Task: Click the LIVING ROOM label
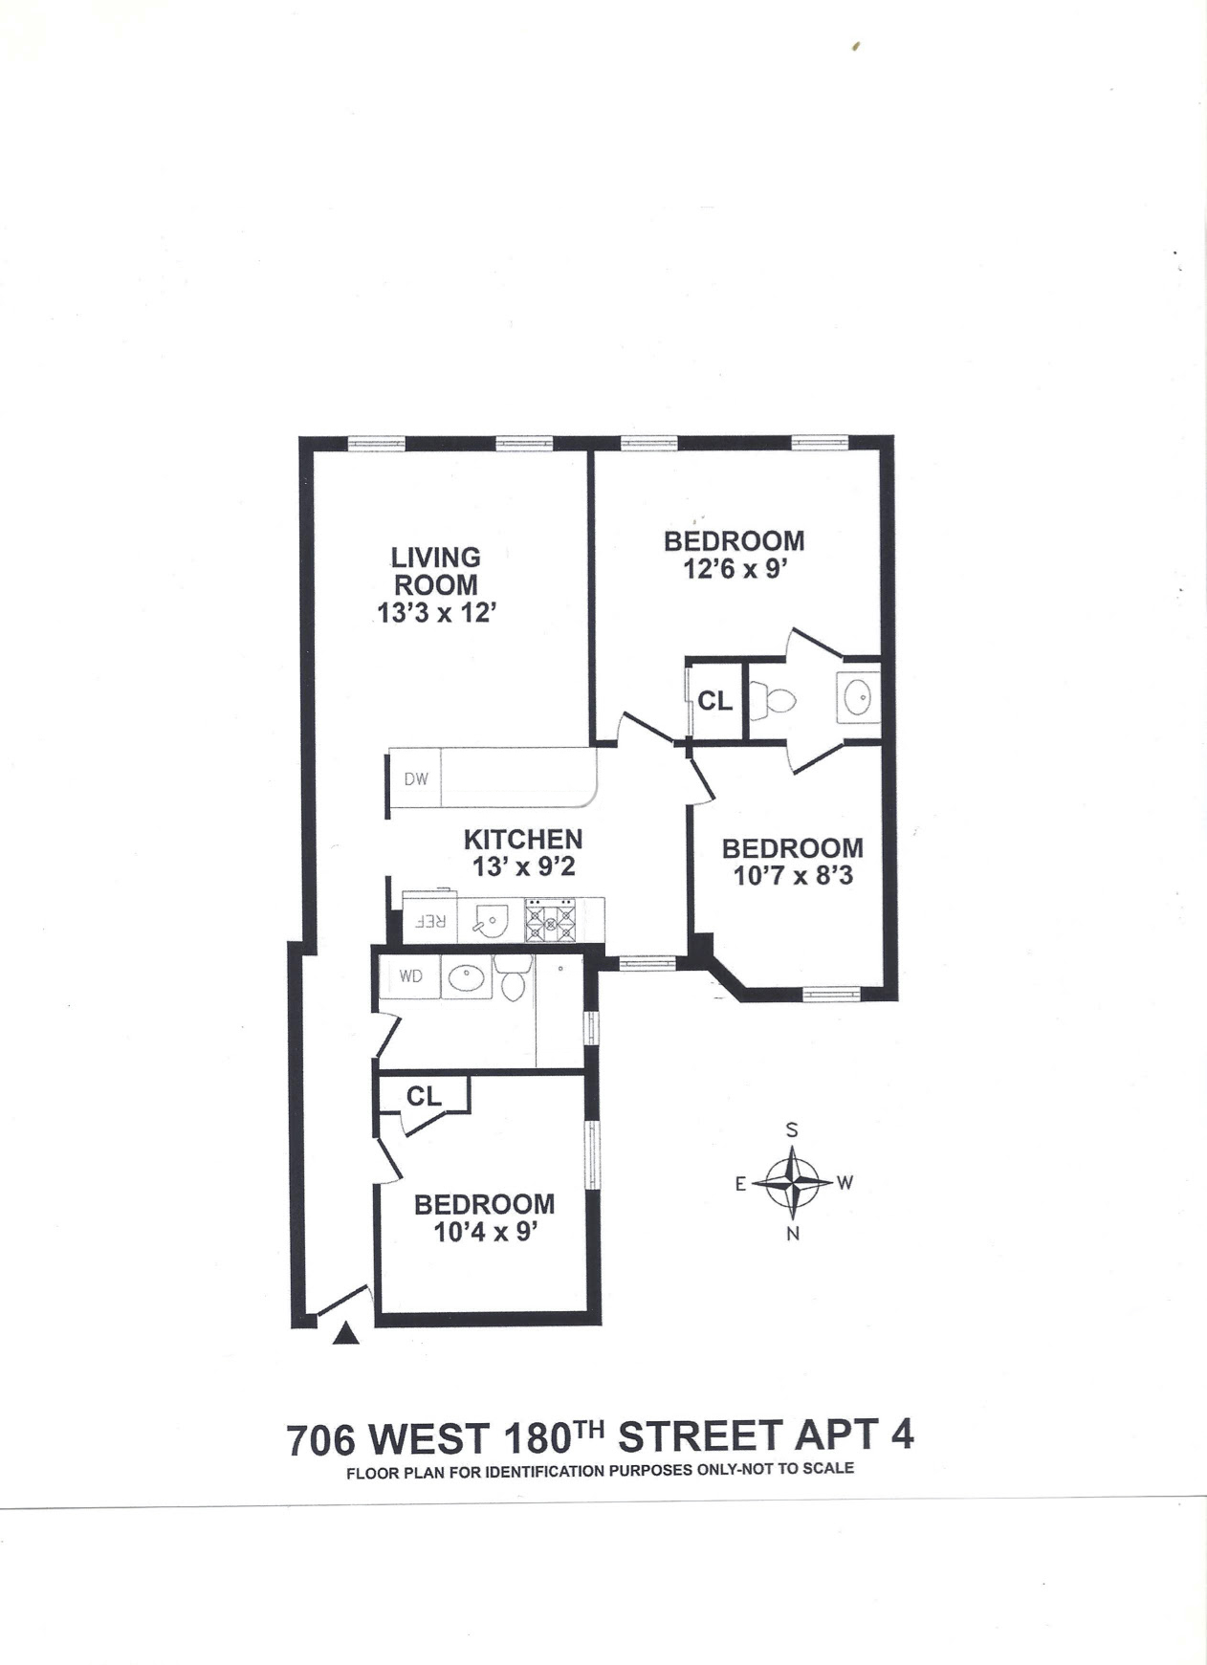[x=436, y=571]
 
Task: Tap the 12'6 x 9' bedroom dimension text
[x=735, y=569]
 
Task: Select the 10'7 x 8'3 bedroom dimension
[x=792, y=875]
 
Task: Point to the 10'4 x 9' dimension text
[x=483, y=1232]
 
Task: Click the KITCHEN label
[x=523, y=839]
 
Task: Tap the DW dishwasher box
[x=416, y=778]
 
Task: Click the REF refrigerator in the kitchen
[x=430, y=921]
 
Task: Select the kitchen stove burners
[x=550, y=921]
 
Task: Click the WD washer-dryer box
[x=410, y=977]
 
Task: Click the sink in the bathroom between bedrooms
[x=858, y=697]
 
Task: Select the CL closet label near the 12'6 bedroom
[x=715, y=701]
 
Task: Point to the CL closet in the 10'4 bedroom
[x=424, y=1096]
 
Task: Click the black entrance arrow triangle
[x=346, y=1333]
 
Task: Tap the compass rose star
[x=793, y=1182]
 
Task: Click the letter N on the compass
[x=793, y=1234]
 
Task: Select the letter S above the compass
[x=792, y=1129]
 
